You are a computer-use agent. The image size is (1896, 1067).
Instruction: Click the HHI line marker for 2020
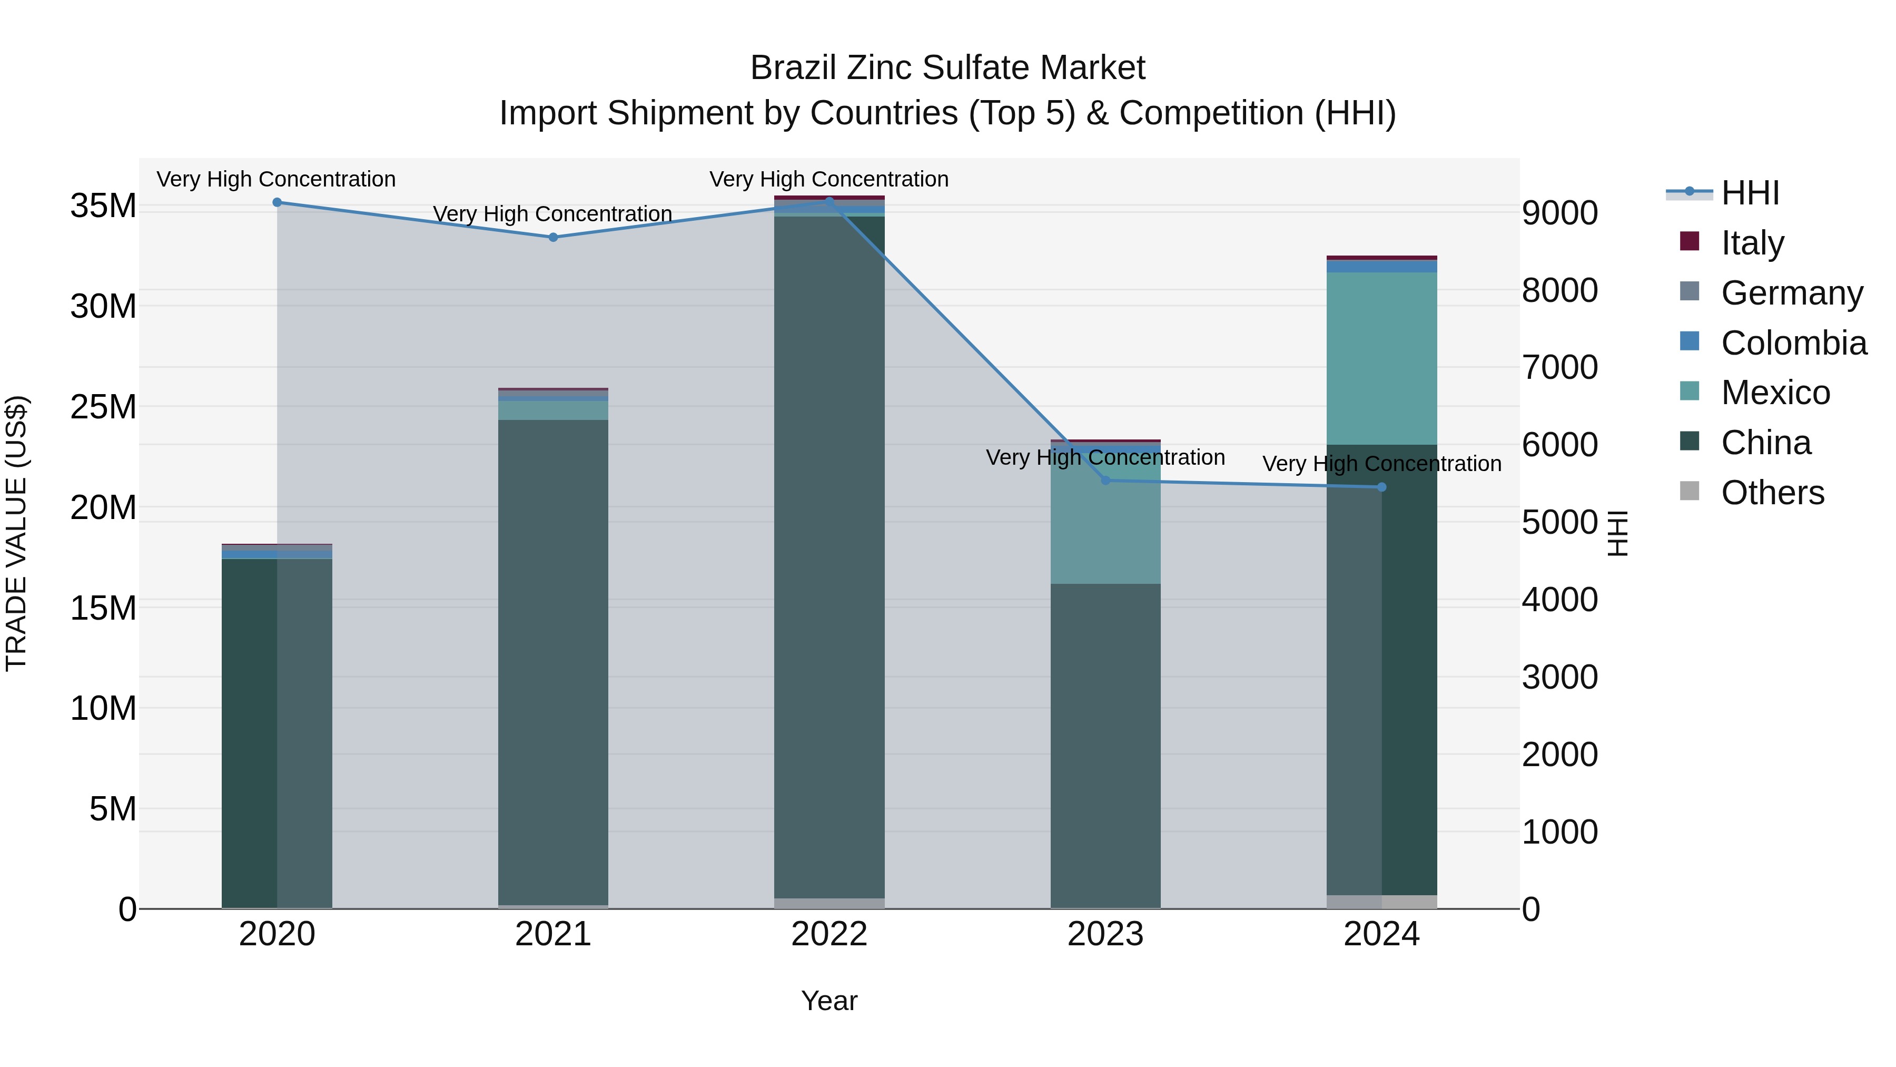coord(276,202)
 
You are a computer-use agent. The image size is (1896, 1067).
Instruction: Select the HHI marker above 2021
coord(553,237)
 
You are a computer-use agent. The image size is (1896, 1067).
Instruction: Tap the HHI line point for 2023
coord(1105,480)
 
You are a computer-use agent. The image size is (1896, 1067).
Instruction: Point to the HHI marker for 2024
coord(1381,487)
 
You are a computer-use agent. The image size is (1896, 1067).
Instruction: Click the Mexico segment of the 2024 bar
coord(1381,359)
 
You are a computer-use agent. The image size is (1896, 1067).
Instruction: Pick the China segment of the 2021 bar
coord(553,663)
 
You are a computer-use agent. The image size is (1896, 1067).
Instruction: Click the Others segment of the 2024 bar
coord(1381,902)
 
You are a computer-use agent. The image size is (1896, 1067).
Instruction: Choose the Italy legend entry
coord(1752,243)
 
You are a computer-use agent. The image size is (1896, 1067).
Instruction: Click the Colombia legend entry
coord(1793,343)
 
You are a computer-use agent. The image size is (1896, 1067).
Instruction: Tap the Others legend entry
coord(1772,493)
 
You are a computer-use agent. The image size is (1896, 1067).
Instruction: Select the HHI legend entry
coord(1750,193)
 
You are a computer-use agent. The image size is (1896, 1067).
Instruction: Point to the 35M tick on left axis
coord(103,205)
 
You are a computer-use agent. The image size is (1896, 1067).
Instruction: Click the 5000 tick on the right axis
coord(1559,522)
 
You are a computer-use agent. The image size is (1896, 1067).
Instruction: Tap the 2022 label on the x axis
coord(829,934)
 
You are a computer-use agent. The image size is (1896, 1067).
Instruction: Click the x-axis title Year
coord(829,1001)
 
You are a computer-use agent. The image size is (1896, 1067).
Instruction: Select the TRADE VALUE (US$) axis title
coord(16,533)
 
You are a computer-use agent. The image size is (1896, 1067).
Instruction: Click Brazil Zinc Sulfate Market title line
coord(947,68)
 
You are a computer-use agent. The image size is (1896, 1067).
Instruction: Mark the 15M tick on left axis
coord(103,608)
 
